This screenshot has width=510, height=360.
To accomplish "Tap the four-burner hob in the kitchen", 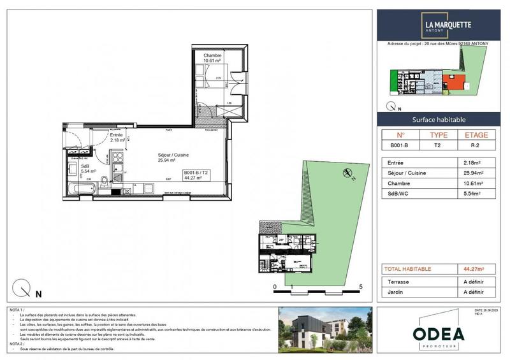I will click(x=118, y=159).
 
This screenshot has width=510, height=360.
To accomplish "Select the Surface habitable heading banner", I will click(x=439, y=119).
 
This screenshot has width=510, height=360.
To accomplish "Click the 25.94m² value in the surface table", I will click(x=475, y=173).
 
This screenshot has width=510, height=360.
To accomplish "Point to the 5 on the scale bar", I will click(x=361, y=287).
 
